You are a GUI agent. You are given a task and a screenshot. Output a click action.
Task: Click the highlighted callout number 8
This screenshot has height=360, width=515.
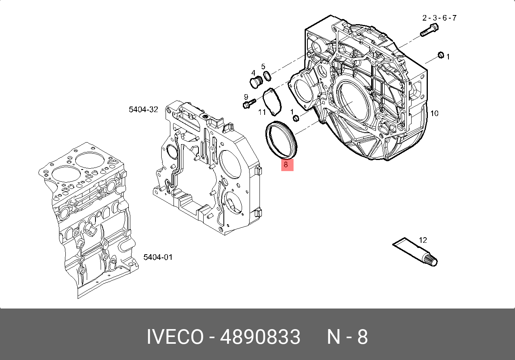coord(286,165)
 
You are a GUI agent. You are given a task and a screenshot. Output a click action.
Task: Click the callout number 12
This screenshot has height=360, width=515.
coord(423,240)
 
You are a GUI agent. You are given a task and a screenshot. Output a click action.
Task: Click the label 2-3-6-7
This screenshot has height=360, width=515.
coord(439,18)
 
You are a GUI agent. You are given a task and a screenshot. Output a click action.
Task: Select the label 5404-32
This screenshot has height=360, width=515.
coord(143,110)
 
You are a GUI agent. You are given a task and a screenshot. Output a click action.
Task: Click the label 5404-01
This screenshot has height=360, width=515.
coord(158,257)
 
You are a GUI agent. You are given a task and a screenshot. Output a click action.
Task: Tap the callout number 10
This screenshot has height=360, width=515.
coord(434,114)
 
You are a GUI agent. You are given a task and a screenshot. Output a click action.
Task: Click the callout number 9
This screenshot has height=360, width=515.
coord(246,97)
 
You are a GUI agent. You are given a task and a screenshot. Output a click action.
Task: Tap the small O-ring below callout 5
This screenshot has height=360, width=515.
coord(267,75)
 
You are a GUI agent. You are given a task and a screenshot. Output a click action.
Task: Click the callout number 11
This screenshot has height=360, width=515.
coord(262,112)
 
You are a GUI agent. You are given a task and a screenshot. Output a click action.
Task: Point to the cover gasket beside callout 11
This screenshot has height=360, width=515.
coord(273,99)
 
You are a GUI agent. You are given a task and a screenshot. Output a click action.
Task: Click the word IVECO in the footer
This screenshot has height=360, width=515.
coord(175,337)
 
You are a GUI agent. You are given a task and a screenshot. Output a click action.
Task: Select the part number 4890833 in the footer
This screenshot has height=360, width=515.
coord(260,337)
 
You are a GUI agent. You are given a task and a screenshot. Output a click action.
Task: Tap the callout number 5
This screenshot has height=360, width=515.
coord(263,66)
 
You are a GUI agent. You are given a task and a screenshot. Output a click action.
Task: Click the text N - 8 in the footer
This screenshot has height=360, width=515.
coord(347,337)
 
